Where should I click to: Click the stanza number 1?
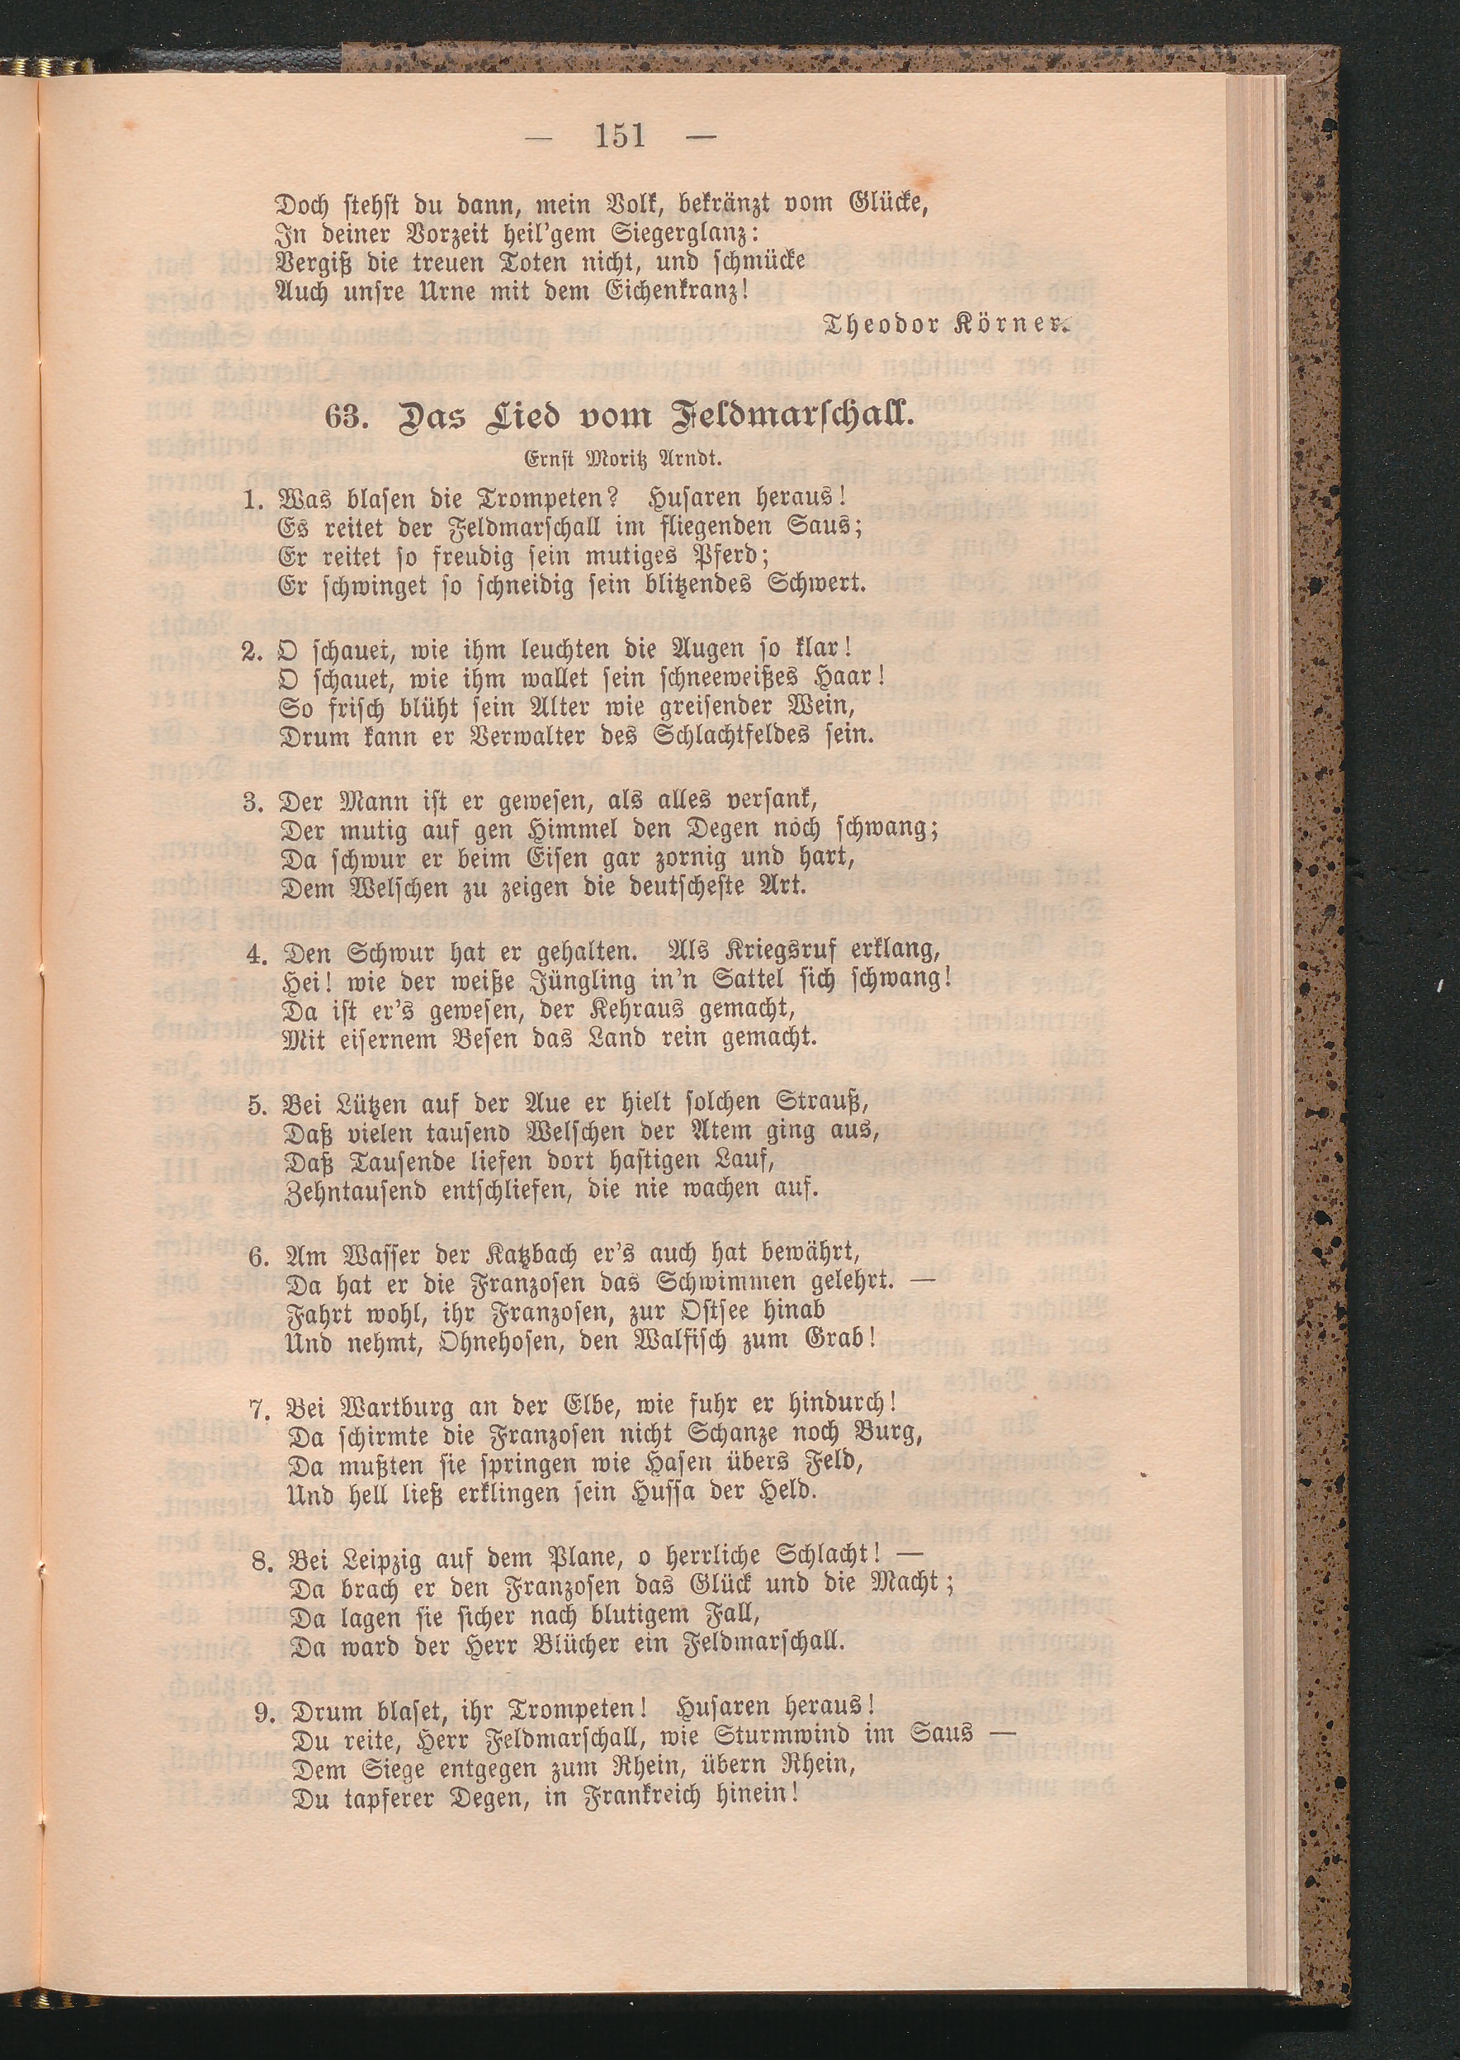pos(253,497)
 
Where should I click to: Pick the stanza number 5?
pos(254,1102)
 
